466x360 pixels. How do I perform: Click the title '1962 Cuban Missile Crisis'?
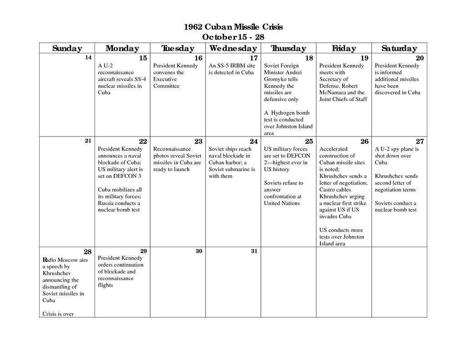tap(233, 27)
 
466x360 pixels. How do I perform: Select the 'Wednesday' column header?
tap(233, 48)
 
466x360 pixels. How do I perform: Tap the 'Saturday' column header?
tap(399, 48)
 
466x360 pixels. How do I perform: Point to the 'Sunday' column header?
tap(67, 48)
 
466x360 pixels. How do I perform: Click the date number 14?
tap(88, 57)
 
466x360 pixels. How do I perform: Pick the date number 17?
tap(253, 58)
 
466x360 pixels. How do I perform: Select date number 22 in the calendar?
tap(143, 142)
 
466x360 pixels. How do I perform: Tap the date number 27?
tap(420, 142)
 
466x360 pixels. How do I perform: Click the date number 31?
tap(254, 251)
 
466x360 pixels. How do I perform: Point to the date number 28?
tap(88, 252)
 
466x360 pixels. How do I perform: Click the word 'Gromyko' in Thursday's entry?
tap(275, 79)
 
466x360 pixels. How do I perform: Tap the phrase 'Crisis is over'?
tap(58, 314)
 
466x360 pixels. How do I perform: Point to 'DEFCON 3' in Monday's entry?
tap(129, 176)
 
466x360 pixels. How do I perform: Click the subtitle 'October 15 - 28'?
tap(233, 37)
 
